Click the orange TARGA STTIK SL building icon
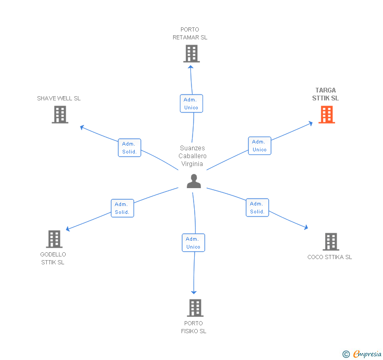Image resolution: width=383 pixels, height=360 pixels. point(327,115)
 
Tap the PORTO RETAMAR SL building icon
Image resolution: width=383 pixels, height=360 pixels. point(191,54)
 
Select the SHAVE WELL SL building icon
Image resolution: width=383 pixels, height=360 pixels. point(60,115)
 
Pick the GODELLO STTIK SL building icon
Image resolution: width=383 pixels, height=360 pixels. point(54,239)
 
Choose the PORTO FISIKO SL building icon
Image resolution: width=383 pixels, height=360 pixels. point(195,308)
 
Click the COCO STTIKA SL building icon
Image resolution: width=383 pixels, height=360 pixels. point(330,242)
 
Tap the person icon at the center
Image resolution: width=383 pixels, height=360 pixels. point(194,181)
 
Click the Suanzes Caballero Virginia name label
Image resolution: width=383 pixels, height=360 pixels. point(193,156)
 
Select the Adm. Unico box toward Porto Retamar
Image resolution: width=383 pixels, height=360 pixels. point(191,104)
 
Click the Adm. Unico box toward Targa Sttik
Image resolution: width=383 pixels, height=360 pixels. point(259,146)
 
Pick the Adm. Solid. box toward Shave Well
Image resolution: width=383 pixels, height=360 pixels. point(129,148)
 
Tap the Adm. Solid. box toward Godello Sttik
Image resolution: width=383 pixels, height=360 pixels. point(122,208)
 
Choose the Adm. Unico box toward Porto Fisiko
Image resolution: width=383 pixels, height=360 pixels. point(193,243)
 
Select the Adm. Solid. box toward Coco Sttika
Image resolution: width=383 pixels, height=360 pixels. point(257,208)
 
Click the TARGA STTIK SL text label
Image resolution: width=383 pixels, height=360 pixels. point(326,94)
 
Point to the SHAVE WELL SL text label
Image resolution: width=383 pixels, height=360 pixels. point(58,98)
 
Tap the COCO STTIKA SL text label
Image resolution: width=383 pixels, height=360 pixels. point(330,257)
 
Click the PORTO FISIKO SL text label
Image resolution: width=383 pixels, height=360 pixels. point(194,327)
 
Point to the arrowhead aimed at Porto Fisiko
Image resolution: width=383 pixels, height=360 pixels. point(194,292)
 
